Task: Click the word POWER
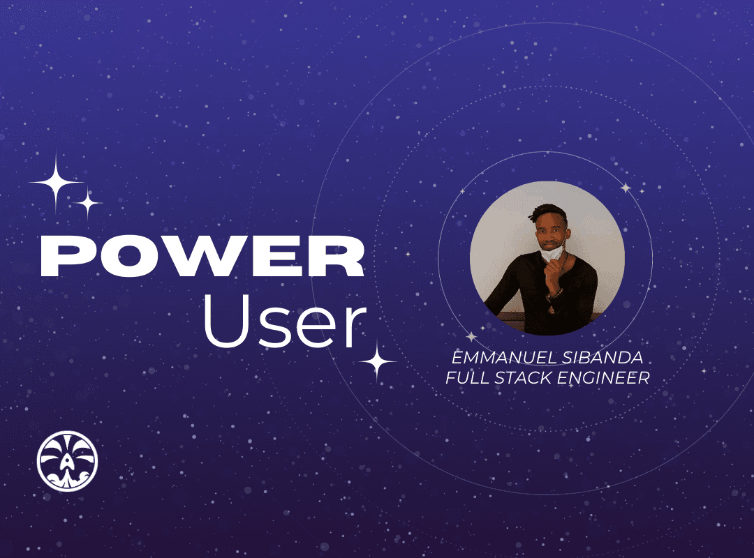point(202,256)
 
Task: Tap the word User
point(286,320)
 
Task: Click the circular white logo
point(67,461)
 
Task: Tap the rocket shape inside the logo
point(66,465)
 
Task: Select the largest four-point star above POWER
point(56,183)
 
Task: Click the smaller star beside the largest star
point(87,204)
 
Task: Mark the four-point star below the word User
point(378,361)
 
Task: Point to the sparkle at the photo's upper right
point(626,188)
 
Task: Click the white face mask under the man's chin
point(552,252)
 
